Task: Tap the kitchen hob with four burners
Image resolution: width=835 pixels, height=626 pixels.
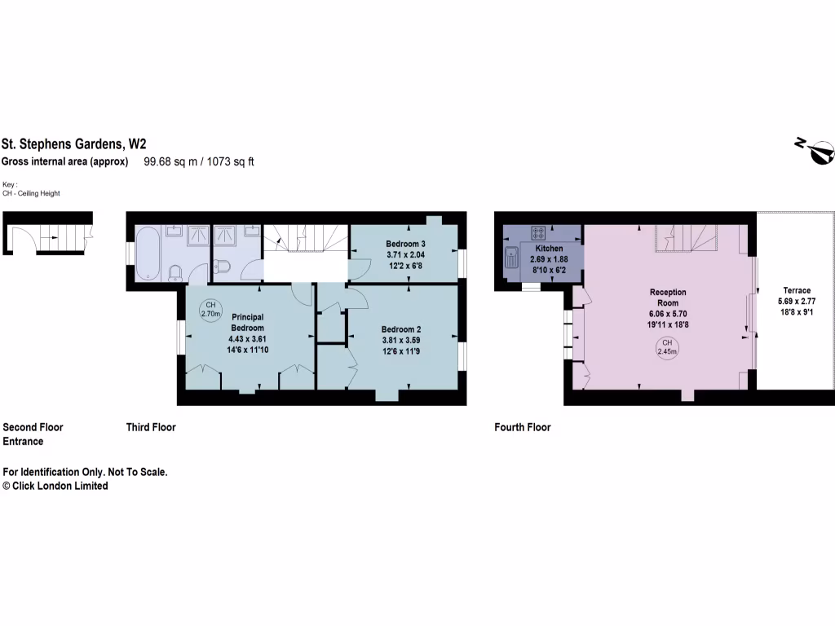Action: (x=539, y=232)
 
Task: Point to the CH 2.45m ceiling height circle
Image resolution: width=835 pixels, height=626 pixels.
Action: (x=668, y=347)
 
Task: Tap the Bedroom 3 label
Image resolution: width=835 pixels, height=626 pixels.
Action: (x=405, y=244)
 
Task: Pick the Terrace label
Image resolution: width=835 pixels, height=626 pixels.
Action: (x=797, y=290)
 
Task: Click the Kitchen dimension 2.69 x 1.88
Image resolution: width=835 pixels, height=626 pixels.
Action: (x=549, y=259)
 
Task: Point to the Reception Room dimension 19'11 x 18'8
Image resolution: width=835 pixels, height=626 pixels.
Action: (x=668, y=324)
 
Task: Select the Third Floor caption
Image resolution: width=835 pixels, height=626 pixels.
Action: (x=151, y=427)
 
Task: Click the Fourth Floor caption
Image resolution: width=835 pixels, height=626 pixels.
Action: (x=523, y=427)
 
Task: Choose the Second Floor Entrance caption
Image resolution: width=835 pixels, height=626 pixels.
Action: (x=33, y=434)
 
